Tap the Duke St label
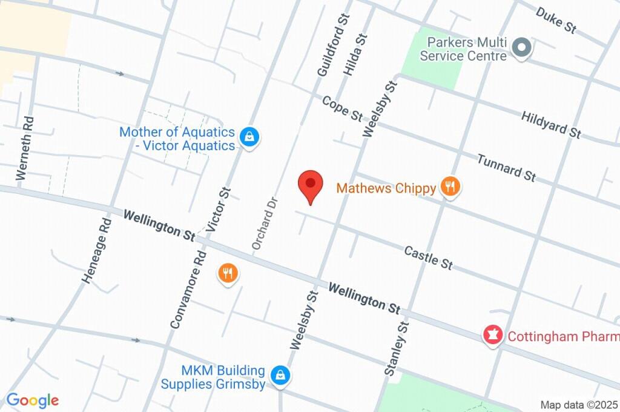[x=556, y=21]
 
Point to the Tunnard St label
[x=506, y=168]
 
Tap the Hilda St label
[x=356, y=55]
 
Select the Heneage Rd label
[x=96, y=251]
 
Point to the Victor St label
[x=219, y=210]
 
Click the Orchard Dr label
[x=265, y=224]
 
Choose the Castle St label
[x=429, y=257]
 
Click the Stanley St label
[x=397, y=348]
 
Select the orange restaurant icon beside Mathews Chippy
[x=449, y=187]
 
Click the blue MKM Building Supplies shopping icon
[x=280, y=376]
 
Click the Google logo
[x=32, y=400]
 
